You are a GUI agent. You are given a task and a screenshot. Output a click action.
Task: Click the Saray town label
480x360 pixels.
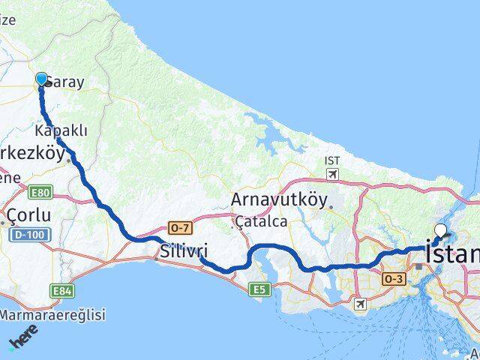click(x=66, y=83)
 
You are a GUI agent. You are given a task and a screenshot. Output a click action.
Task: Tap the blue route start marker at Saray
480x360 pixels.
click(x=41, y=79)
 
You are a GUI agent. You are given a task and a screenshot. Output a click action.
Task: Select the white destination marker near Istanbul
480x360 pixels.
click(x=440, y=231)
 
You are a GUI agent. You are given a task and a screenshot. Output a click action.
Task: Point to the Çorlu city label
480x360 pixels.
click(x=29, y=216)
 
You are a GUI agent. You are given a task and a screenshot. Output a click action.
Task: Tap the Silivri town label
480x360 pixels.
click(x=184, y=250)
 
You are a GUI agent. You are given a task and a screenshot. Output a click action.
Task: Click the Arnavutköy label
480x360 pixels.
click(x=279, y=200)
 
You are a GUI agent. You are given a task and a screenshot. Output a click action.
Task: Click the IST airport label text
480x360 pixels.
click(x=331, y=160)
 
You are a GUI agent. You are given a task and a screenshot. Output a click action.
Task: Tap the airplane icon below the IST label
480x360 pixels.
click(x=331, y=174)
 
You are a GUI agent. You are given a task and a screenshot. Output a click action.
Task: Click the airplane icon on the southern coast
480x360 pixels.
click(x=361, y=303)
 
